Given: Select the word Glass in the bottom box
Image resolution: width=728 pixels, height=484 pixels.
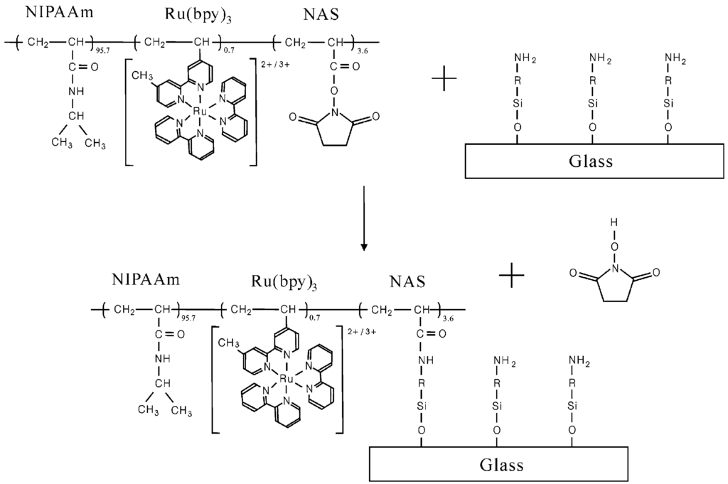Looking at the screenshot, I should coord(501,466).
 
